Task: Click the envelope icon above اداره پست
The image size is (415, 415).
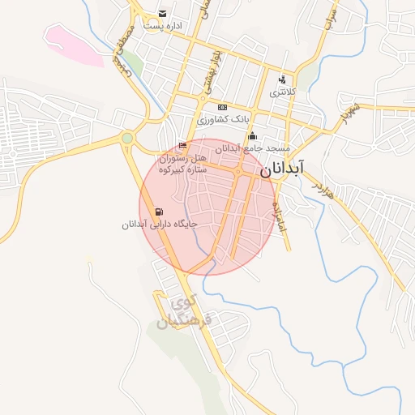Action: [163, 14]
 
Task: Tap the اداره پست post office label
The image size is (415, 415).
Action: [163, 26]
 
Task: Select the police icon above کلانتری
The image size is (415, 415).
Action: [282, 79]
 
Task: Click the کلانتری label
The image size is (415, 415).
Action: [283, 92]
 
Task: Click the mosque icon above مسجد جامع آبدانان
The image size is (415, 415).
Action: [252, 135]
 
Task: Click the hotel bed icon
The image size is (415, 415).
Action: [182, 146]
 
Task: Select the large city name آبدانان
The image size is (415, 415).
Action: [283, 169]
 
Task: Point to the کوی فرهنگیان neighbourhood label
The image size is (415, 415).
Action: [183, 312]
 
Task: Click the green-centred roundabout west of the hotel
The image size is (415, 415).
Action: [127, 139]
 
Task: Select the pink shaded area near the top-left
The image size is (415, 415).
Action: [71, 45]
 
